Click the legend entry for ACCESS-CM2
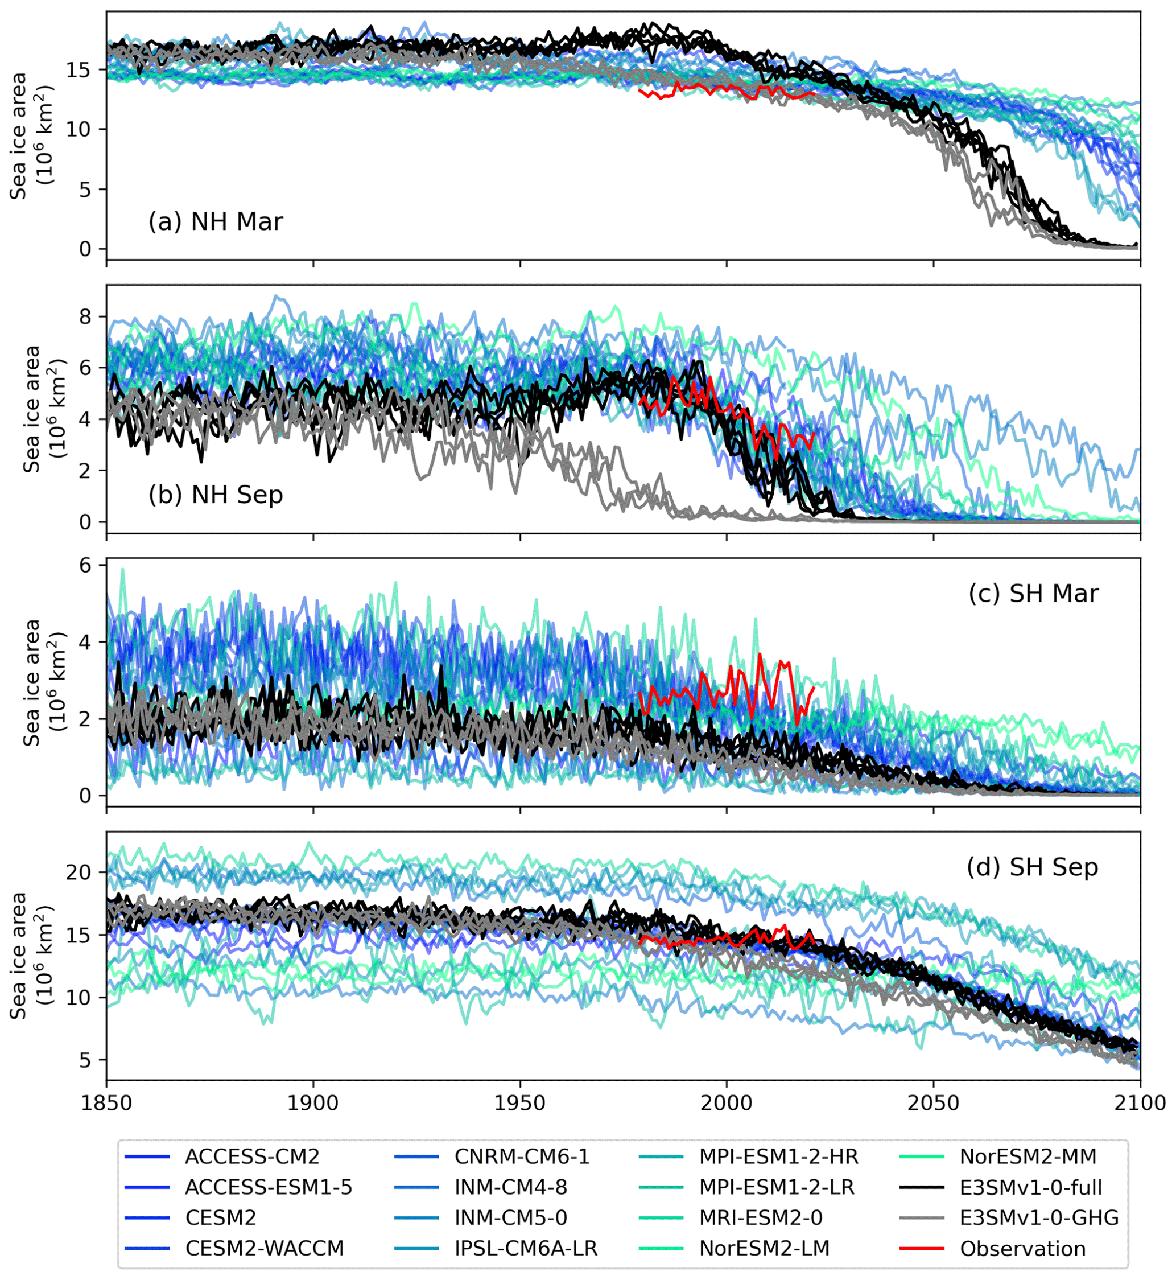point(252,1156)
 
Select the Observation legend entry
point(1022,1249)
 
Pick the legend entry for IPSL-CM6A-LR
point(525,1249)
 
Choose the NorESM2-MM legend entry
point(1028,1156)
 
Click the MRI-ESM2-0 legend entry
point(761,1217)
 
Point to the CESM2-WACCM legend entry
point(264,1249)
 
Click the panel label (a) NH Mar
point(216,222)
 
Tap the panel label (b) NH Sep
point(216,495)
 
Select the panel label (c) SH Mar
point(1033,593)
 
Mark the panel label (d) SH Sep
point(1032,867)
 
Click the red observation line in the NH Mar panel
point(725,90)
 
